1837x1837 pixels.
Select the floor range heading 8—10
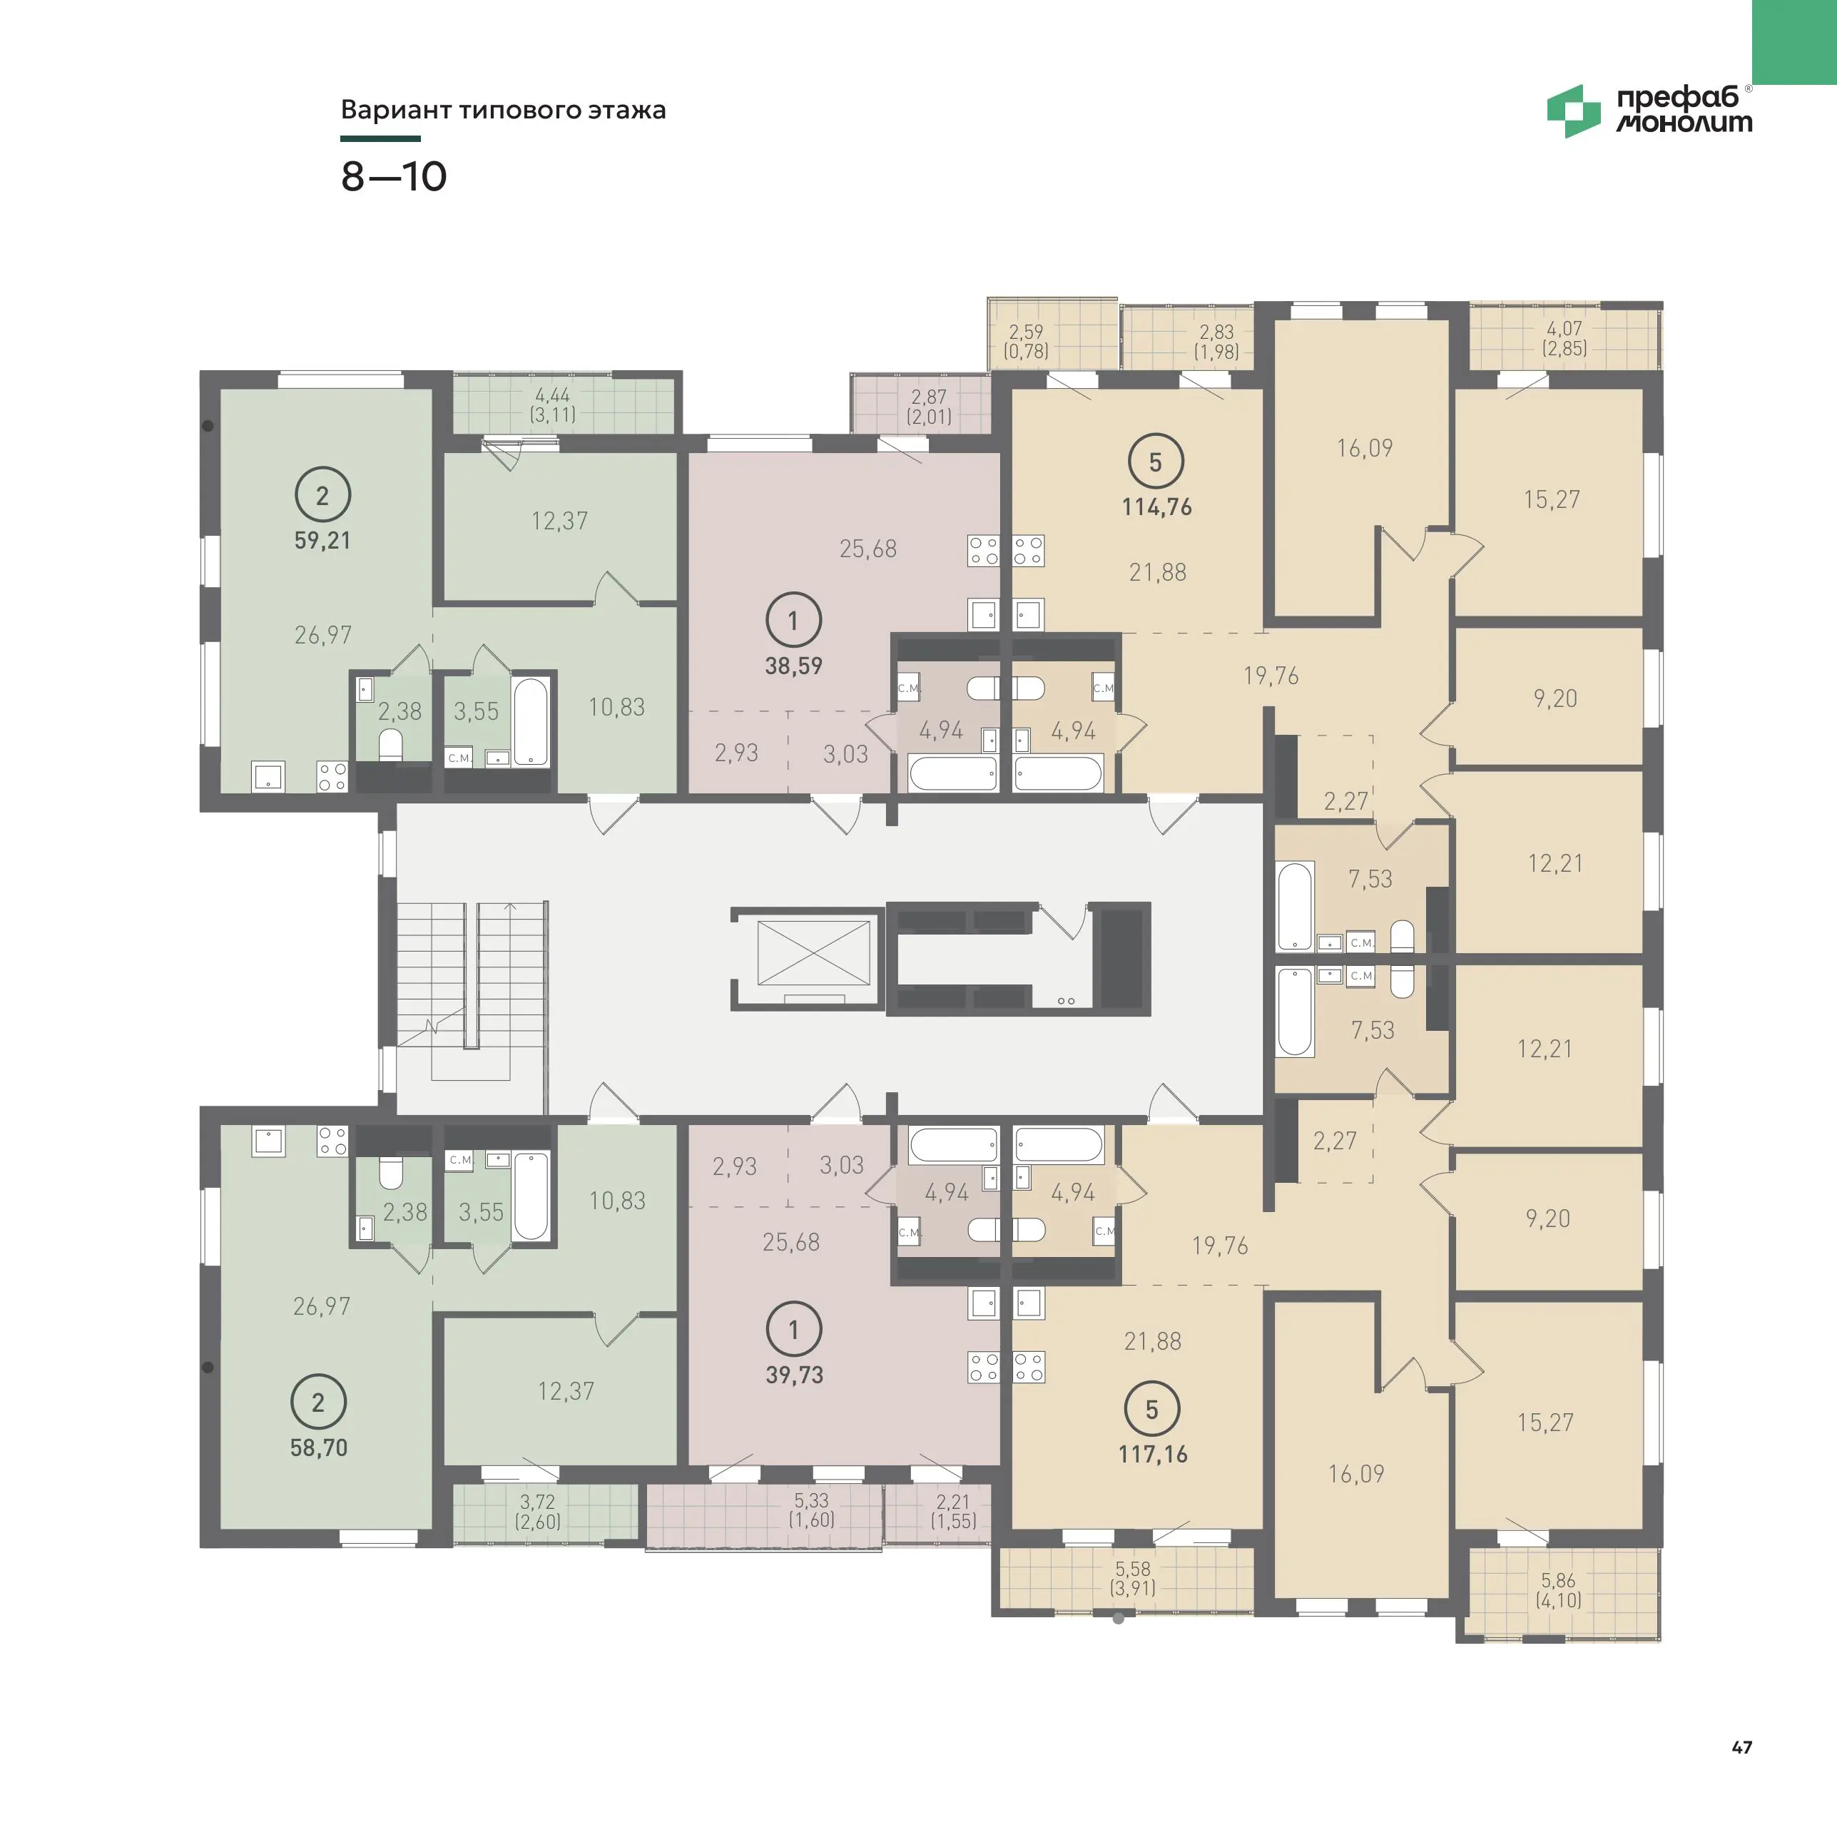[394, 177]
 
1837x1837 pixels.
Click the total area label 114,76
[1156, 507]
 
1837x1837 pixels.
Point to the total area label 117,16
[1152, 1454]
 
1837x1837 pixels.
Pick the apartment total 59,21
[322, 540]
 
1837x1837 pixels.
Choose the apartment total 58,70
[318, 1448]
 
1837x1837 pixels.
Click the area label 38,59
[794, 666]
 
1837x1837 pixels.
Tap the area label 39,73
[795, 1375]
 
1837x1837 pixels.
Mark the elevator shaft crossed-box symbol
[814, 952]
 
